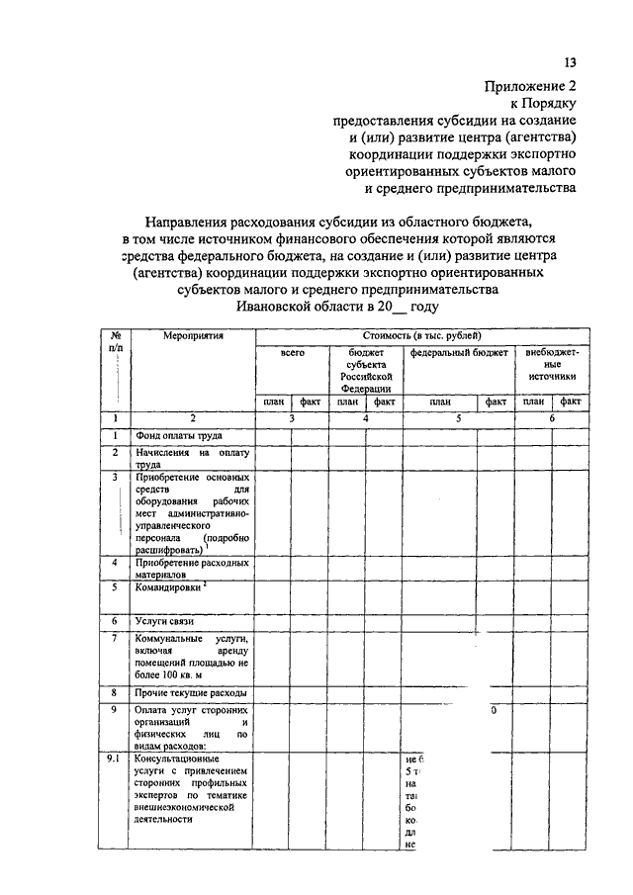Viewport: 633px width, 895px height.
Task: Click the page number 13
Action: coord(571,61)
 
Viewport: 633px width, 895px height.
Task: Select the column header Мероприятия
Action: coord(193,335)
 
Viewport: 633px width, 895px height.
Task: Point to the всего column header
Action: coord(292,352)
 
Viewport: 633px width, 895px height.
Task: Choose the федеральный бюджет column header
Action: coord(458,352)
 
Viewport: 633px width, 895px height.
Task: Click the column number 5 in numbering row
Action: coord(458,418)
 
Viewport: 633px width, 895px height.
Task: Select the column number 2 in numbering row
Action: coord(193,418)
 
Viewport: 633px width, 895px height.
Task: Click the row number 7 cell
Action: coord(116,639)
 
